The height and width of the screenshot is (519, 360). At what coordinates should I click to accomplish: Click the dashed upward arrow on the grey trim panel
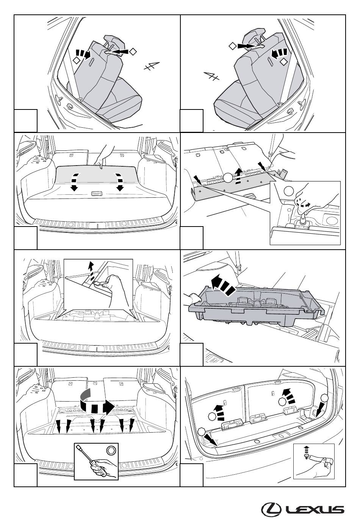(x=238, y=176)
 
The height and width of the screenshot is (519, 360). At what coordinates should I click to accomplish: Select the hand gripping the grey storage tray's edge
(x=193, y=298)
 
